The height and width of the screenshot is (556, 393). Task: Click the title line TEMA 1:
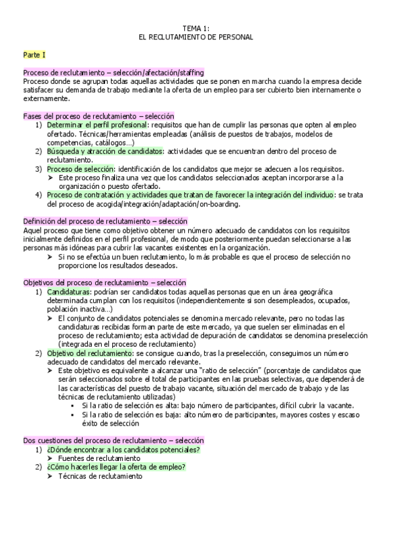point(196,28)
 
